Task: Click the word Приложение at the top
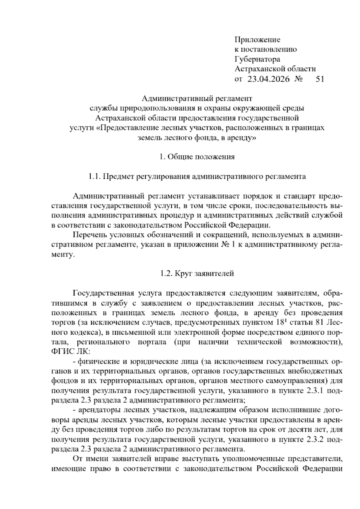coord(257,40)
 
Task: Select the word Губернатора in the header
coord(257,59)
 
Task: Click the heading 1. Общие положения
coord(197,157)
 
